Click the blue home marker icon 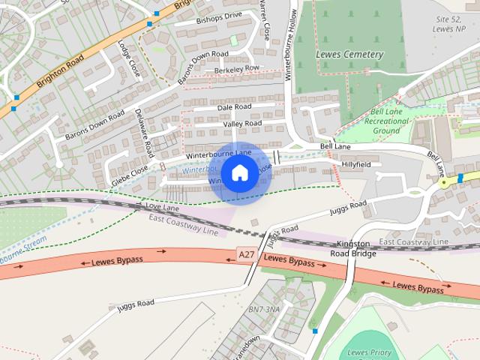click(x=239, y=173)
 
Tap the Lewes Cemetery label click(x=349, y=54)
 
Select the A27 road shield click(x=246, y=255)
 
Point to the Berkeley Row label click(x=236, y=69)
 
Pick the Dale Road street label click(x=234, y=108)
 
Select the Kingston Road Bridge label click(x=353, y=249)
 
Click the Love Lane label click(x=162, y=205)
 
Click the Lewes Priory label click(x=371, y=352)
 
